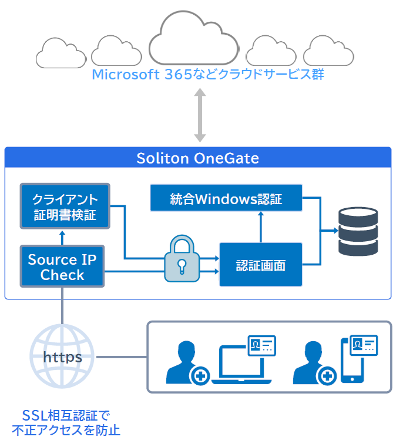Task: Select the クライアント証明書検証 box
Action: (65, 206)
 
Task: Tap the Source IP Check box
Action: (62, 266)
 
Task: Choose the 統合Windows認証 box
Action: (226, 198)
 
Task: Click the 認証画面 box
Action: (261, 265)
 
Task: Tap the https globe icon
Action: (62, 356)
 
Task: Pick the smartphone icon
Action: (352, 366)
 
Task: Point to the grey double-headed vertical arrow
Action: (200, 115)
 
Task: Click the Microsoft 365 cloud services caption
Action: (208, 75)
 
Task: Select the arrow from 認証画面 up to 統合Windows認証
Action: (261, 227)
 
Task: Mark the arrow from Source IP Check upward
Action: (62, 236)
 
